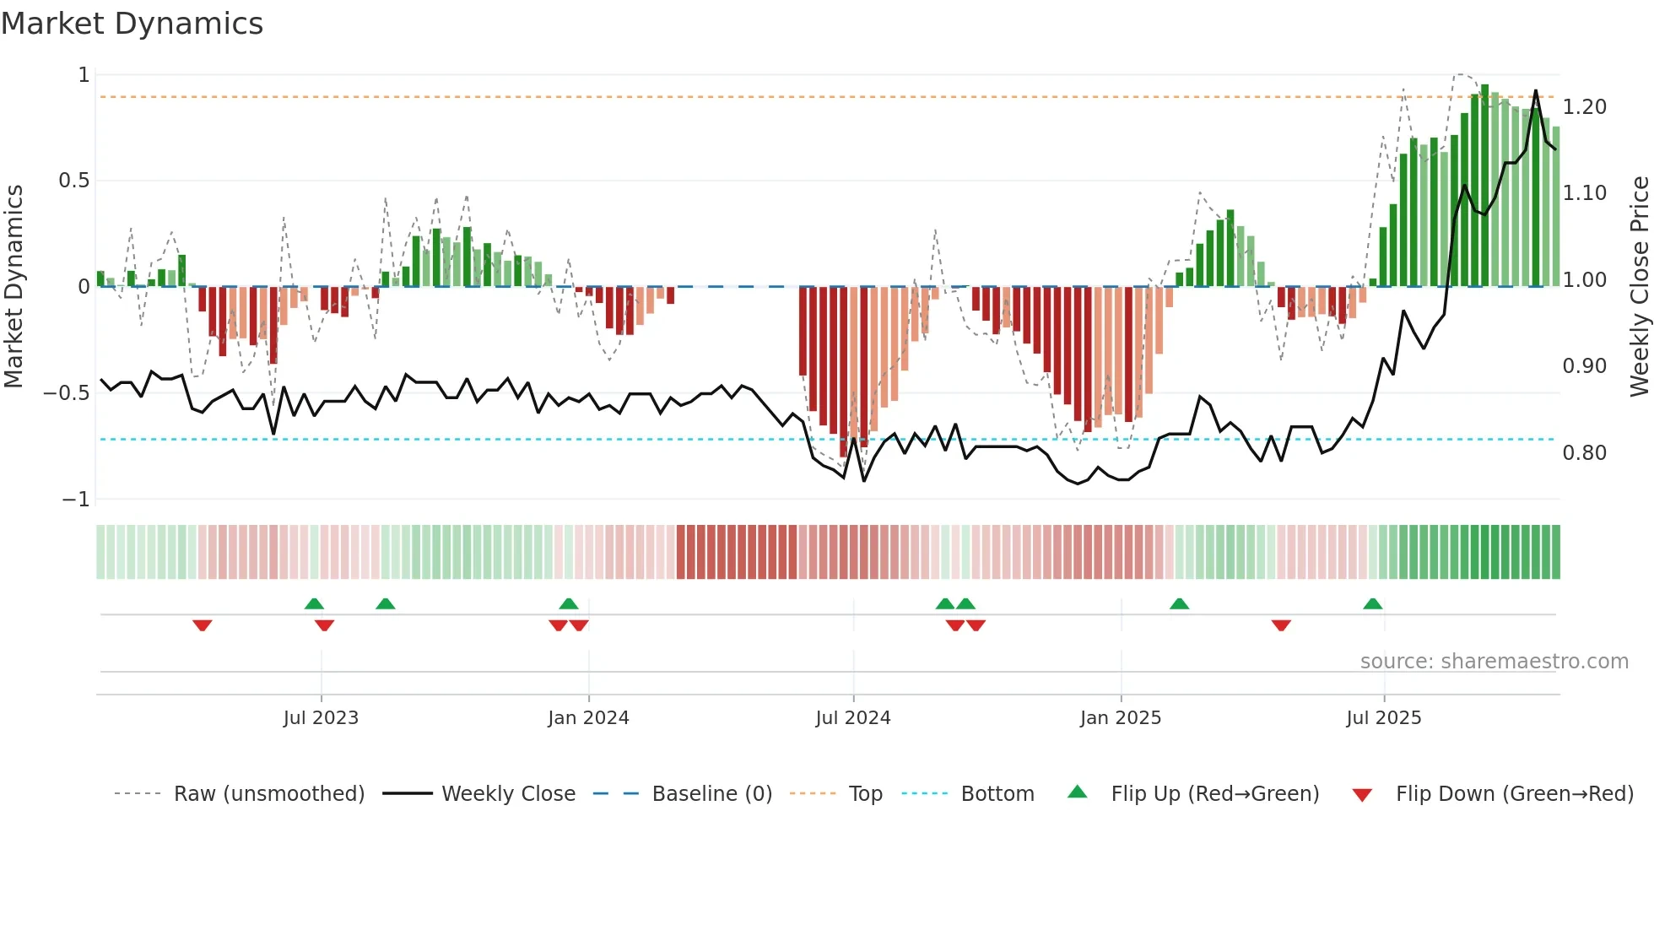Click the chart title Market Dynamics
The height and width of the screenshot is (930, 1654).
point(132,24)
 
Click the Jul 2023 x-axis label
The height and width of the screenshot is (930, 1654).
point(321,718)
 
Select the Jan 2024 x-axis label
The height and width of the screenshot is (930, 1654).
point(588,718)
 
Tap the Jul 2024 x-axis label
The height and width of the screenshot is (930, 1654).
point(853,718)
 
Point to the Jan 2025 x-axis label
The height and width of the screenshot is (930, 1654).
point(1121,718)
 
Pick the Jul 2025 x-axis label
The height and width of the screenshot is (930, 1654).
point(1384,718)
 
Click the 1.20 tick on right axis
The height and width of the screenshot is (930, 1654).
point(1584,107)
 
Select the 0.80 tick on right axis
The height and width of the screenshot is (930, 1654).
point(1584,453)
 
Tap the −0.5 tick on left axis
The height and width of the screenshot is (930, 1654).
point(66,393)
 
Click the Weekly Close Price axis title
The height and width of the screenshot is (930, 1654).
point(1639,287)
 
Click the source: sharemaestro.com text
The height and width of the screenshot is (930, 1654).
point(1494,662)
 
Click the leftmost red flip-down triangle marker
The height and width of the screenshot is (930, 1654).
point(202,625)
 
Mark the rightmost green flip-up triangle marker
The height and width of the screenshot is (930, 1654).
point(1372,603)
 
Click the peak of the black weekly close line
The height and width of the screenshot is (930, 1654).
point(1535,91)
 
